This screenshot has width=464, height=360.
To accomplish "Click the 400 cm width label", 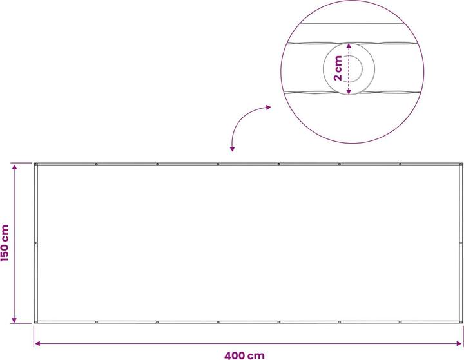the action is pyautogui.click(x=244, y=355).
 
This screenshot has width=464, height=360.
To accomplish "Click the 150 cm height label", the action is pyautogui.click(x=5, y=243).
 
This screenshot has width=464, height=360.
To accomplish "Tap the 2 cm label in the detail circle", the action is pyautogui.click(x=338, y=68).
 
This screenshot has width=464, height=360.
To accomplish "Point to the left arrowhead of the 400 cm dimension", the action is pyautogui.click(x=37, y=343).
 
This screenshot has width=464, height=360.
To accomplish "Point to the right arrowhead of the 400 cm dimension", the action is pyautogui.click(x=459, y=343).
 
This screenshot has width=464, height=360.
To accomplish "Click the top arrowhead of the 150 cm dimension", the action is pyautogui.click(x=14, y=167).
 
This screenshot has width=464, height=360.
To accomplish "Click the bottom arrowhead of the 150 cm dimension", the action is pyautogui.click(x=14, y=320).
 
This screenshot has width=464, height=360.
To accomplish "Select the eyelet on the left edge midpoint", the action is pyautogui.click(x=36, y=243).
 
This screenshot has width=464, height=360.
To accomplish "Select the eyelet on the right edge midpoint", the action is pyautogui.click(x=461, y=243).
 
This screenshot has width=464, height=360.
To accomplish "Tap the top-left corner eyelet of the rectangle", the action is pyautogui.click(x=36, y=164).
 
